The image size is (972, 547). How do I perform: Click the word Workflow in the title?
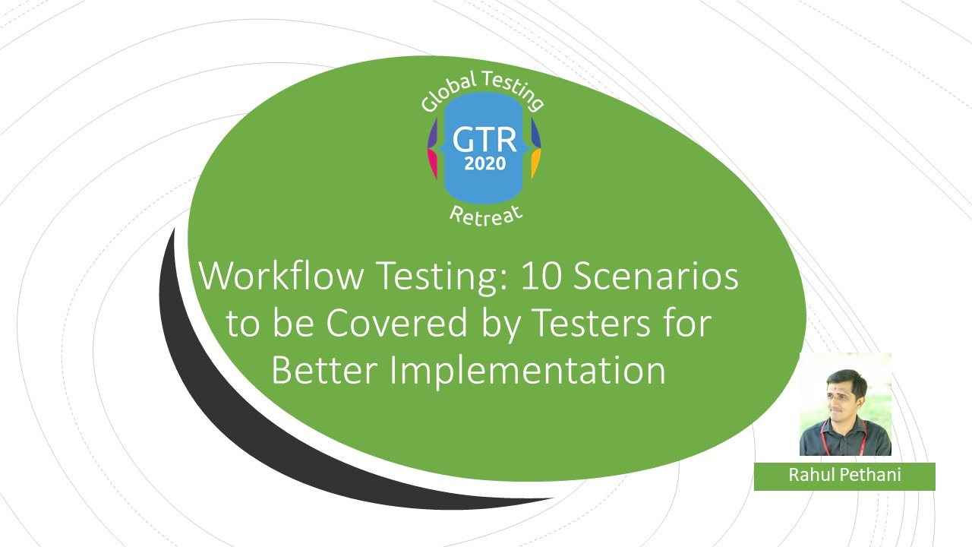click(x=281, y=276)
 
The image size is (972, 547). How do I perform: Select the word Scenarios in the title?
click(x=655, y=276)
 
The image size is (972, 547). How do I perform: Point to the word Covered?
click(x=396, y=323)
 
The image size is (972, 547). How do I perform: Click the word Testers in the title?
click(x=591, y=323)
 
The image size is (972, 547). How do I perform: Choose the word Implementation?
click(x=527, y=372)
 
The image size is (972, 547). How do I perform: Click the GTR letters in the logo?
click(x=484, y=140)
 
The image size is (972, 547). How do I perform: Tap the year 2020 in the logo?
click(x=485, y=163)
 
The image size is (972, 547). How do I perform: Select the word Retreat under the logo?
click(x=486, y=216)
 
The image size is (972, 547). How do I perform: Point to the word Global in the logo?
click(x=448, y=92)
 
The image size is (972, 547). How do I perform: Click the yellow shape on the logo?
click(x=536, y=163)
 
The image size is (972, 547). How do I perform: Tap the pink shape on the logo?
click(x=433, y=163)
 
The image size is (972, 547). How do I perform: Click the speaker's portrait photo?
click(x=845, y=404)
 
